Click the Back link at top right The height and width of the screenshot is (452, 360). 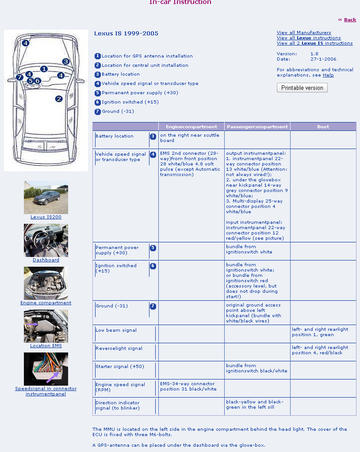tap(350, 19)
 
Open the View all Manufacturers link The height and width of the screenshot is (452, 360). tap(303, 33)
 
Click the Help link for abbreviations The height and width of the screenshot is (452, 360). tap(328, 75)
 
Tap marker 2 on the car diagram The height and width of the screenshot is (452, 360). tap(58, 99)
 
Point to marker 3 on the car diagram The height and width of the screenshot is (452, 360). tap(65, 61)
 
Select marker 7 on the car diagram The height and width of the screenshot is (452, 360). tap(19, 77)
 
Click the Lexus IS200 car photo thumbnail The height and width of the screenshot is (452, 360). tap(46, 197)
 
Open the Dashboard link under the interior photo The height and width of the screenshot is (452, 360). tap(46, 260)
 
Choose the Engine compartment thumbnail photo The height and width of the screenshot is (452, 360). tap(46, 283)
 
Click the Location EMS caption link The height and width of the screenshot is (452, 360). tap(46, 346)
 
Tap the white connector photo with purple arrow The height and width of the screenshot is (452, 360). tap(46, 369)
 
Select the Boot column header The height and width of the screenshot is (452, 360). tap(323, 126)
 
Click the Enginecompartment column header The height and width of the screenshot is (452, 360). tap(191, 126)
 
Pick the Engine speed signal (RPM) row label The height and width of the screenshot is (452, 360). tap(120, 387)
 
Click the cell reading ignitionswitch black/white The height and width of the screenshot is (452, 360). tap(257, 368)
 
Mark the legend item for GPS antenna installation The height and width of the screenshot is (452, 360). tap(147, 56)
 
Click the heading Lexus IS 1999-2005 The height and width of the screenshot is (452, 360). tap(126, 34)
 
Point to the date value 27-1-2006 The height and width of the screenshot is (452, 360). tap(323, 59)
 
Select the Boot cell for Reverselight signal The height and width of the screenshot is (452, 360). tap(323, 350)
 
